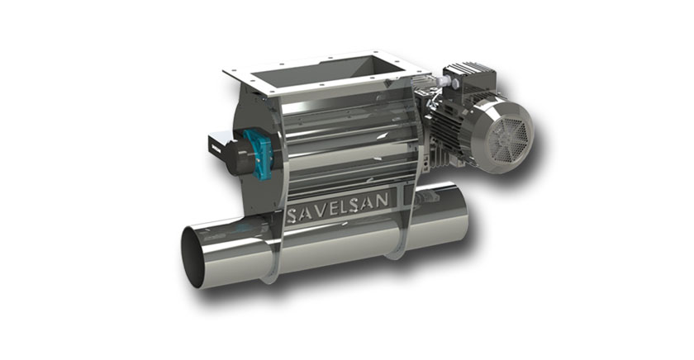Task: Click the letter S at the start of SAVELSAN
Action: (x=292, y=216)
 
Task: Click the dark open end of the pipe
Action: (x=194, y=258)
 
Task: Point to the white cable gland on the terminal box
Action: (x=440, y=82)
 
